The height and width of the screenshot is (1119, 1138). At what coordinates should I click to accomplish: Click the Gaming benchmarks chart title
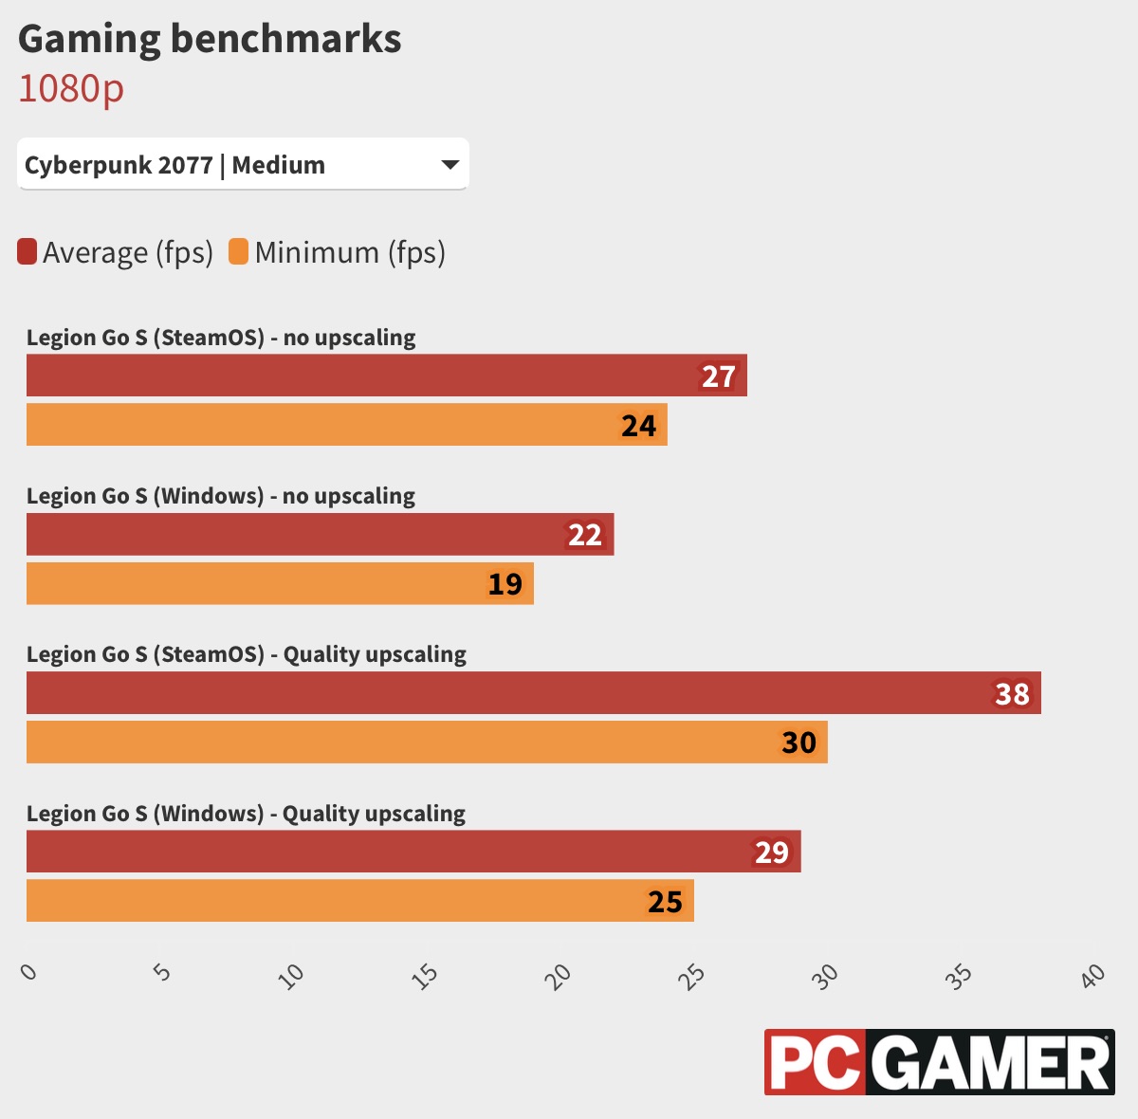pos(210,39)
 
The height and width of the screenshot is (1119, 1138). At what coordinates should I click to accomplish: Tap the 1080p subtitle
pos(71,88)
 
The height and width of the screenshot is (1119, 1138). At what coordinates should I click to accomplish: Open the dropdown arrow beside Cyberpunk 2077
pos(450,165)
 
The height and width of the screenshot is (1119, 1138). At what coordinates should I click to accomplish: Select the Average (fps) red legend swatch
pos(28,252)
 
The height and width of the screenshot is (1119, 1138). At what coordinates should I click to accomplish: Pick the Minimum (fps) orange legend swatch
pos(238,252)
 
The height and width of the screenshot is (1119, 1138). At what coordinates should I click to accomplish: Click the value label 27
pos(718,376)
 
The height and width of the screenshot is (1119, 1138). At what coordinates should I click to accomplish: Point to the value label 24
pos(638,426)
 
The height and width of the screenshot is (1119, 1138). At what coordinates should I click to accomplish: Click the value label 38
pos(1012,694)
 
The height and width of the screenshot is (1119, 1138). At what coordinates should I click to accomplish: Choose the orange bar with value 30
pos(427,743)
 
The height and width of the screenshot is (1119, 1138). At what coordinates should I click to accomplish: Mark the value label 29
pos(771,853)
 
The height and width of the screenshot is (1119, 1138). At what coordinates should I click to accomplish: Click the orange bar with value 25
pos(360,901)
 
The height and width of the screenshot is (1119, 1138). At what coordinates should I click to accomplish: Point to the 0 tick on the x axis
pos(29,972)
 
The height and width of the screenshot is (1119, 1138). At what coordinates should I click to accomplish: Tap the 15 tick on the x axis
pos(426,975)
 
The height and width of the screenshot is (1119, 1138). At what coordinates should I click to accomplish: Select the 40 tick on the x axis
pos(1093,975)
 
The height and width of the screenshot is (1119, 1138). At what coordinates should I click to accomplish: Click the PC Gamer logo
pos(939,1062)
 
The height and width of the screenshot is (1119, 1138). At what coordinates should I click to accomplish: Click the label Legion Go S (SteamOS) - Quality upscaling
pos(247,654)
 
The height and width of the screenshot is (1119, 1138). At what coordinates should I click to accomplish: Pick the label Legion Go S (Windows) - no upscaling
pos(221,496)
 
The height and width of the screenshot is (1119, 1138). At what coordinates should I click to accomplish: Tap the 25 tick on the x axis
pos(693,975)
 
